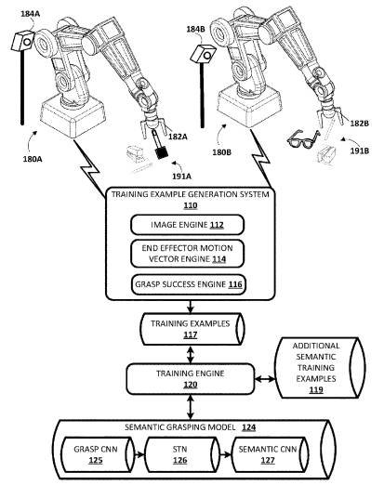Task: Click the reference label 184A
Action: pyautogui.click(x=31, y=14)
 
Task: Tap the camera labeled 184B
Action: pyautogui.click(x=203, y=53)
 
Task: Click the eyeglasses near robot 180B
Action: pyautogui.click(x=303, y=139)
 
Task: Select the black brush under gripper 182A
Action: pyautogui.click(x=160, y=146)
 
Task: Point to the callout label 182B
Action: pyautogui.click(x=360, y=124)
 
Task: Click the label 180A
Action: pyautogui.click(x=33, y=159)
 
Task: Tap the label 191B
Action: pyautogui.click(x=360, y=151)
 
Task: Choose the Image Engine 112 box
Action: pyautogui.click(x=187, y=225)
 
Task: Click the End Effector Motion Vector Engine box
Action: pyautogui.click(x=187, y=254)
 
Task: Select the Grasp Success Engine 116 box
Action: pyautogui.click(x=189, y=284)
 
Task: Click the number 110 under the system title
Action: pyautogui.click(x=191, y=205)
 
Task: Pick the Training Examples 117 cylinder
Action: pyautogui.click(x=192, y=329)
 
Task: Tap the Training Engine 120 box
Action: pyautogui.click(x=191, y=379)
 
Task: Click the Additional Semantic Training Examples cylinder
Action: pyautogui.click(x=320, y=368)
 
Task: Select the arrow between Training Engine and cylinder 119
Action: pyautogui.click(x=264, y=379)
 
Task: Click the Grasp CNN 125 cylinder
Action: pyautogui.click(x=98, y=454)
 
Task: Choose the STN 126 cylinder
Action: pyautogui.click(x=182, y=454)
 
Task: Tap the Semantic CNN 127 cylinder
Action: pyautogui.click(x=270, y=454)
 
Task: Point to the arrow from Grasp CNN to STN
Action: pyautogui.click(x=139, y=455)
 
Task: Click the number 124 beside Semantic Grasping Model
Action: pyautogui.click(x=248, y=427)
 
